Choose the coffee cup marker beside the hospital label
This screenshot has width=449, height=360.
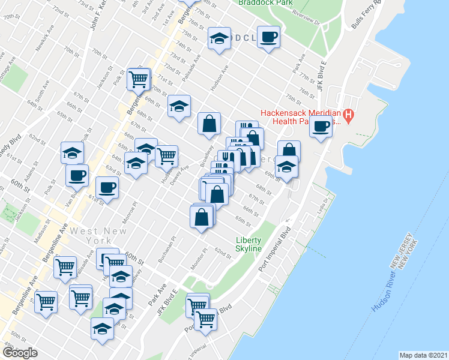(321, 126)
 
